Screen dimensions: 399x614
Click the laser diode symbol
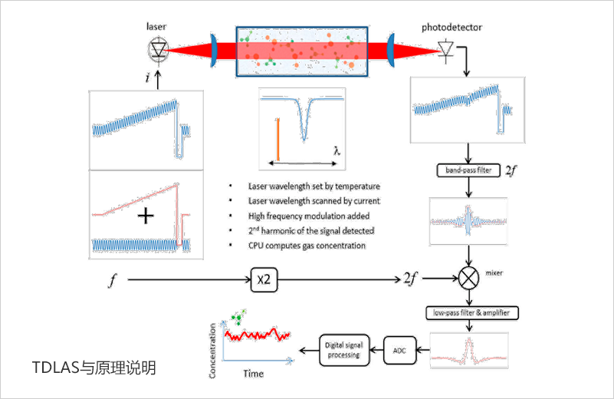(158, 50)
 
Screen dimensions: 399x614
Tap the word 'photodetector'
(451, 28)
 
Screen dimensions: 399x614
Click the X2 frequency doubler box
(262, 282)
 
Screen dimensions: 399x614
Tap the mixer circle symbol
(468, 278)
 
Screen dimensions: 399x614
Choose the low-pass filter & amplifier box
(472, 312)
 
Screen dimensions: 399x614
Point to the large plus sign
(144, 217)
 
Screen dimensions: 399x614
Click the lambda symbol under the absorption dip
(337, 150)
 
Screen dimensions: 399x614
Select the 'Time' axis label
(253, 374)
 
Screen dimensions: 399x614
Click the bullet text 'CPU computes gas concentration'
(307, 246)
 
